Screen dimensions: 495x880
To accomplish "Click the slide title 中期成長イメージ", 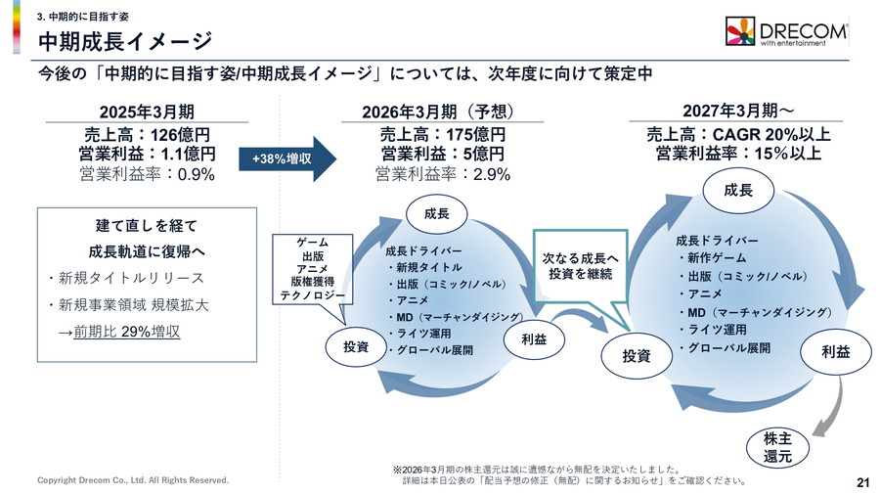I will point(124,42).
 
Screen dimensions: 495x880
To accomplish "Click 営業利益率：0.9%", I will point(147,175).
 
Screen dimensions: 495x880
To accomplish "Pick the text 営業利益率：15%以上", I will point(738,154).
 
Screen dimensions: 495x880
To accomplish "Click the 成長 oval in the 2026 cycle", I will point(436,213).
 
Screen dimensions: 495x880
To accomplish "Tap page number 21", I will point(862,480).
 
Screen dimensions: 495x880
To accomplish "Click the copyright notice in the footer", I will point(133,480).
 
